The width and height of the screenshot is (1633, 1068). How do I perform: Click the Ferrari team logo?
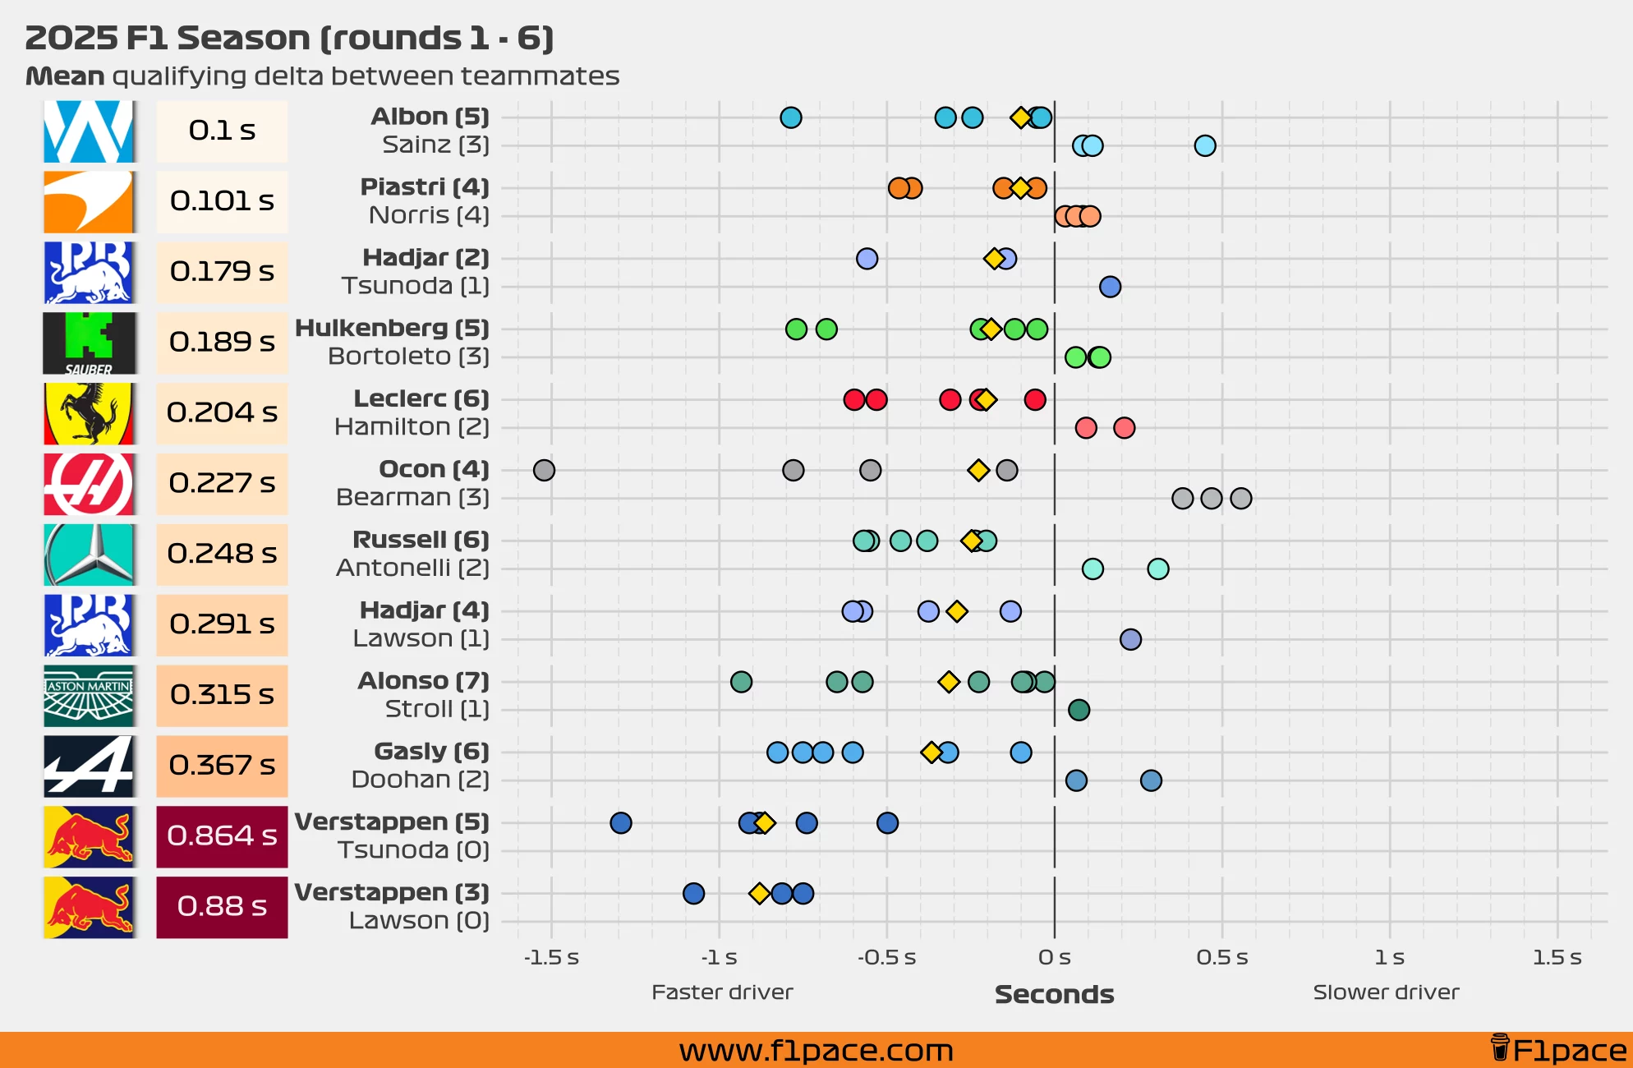coord(89,413)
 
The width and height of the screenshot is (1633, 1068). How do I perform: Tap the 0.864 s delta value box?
coord(222,836)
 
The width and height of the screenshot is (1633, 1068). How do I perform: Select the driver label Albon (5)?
coord(430,117)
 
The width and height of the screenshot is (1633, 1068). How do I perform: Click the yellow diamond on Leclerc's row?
coord(986,400)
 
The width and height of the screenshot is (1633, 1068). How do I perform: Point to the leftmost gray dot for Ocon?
coord(544,470)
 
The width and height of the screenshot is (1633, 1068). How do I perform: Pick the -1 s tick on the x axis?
coord(719,957)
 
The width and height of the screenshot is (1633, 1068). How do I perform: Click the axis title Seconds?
coord(1054,994)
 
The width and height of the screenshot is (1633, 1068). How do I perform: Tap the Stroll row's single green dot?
coord(1079,710)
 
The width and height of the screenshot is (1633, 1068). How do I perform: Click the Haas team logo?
coord(89,484)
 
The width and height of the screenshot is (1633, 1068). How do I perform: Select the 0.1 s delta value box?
coord(222,131)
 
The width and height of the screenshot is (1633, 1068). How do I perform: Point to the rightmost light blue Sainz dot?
coord(1204,146)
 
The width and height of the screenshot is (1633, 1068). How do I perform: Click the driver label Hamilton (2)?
coord(412,427)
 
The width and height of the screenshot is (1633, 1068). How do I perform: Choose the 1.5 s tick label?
coord(1557,957)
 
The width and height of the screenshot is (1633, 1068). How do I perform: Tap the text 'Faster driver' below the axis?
coord(722,992)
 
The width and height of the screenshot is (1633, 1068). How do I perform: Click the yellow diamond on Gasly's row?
coord(931,753)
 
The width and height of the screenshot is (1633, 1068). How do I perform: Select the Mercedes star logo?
coord(89,555)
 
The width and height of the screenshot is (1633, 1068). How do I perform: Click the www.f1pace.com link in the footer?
coord(816,1051)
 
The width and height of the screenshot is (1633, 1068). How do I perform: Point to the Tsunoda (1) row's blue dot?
coord(1110,287)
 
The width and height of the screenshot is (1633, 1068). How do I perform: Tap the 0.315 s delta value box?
coord(222,695)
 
